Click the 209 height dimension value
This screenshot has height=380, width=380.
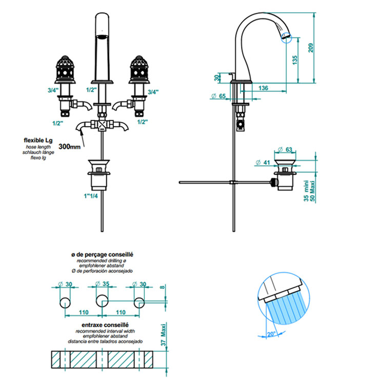click(x=311, y=48)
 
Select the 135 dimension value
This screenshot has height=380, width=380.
click(x=295, y=60)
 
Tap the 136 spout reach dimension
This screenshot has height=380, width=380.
click(x=263, y=88)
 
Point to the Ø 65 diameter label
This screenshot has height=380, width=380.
click(x=218, y=96)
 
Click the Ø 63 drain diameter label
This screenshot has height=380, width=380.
click(x=285, y=149)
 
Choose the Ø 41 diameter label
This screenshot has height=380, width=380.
click(x=263, y=162)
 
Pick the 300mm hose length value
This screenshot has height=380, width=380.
click(x=70, y=147)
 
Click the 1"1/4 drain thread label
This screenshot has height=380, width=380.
click(x=91, y=196)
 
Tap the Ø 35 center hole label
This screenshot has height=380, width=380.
click(x=102, y=284)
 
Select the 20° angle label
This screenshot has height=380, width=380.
click(x=271, y=334)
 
